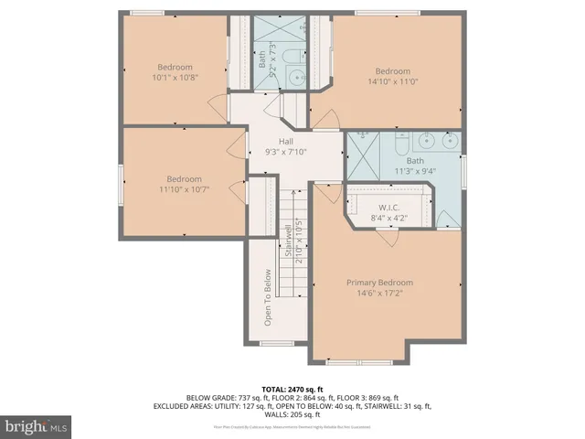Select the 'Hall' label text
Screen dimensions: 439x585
[x=285, y=141]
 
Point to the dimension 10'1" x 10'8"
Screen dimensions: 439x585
[x=175, y=78]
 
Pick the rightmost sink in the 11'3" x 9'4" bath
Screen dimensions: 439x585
[x=449, y=141]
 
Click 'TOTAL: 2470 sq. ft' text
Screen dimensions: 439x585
[x=292, y=389]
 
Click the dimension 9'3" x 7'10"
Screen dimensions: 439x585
[x=285, y=153]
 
